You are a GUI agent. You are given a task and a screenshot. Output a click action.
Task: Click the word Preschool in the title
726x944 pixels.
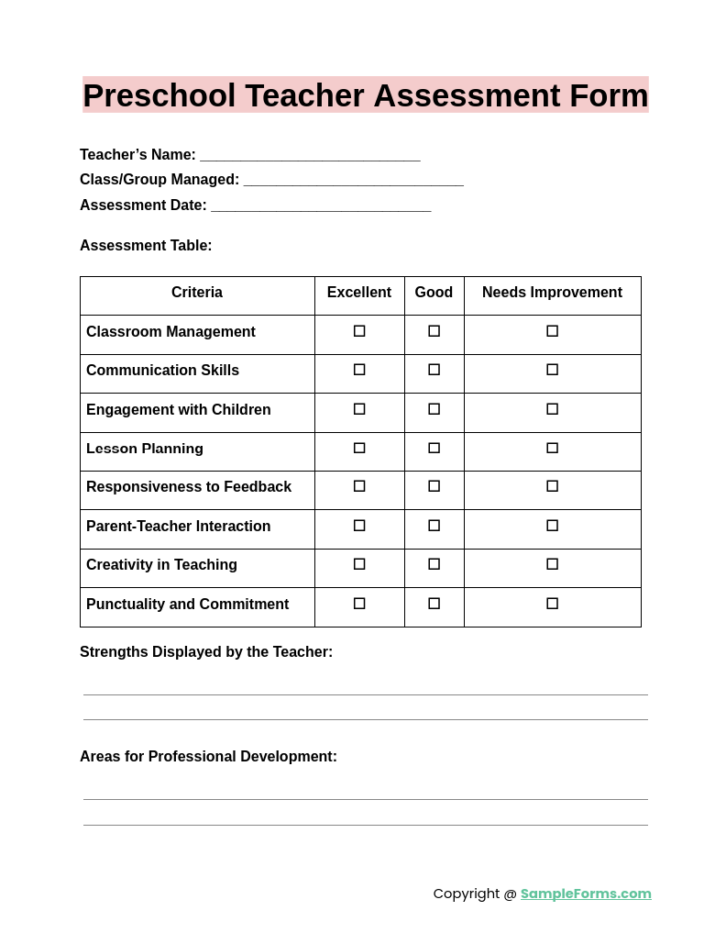coord(159,95)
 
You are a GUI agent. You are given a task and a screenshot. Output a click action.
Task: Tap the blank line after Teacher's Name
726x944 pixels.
coord(310,155)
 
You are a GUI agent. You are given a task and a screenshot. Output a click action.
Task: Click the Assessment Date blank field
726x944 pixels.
coord(321,205)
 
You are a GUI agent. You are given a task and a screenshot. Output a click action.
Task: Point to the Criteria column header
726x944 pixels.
coord(197,293)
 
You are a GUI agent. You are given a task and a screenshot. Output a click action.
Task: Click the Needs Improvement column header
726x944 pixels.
coord(552,293)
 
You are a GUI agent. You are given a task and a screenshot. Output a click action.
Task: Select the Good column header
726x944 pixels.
coord(434,293)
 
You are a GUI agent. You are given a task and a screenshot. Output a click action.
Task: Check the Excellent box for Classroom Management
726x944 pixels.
coord(359,331)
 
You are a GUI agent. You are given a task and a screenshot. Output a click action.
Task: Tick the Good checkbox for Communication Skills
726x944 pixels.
coord(434,370)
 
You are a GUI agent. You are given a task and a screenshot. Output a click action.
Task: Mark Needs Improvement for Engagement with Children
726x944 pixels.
coord(552,409)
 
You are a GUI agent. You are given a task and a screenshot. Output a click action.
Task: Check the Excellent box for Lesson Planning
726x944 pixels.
coord(359,448)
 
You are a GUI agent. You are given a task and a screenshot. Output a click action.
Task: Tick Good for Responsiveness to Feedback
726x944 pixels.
coord(434,486)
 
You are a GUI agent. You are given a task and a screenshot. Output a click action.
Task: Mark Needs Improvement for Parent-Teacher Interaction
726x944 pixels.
coord(552,526)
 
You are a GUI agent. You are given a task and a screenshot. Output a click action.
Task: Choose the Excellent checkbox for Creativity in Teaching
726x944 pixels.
coord(359,564)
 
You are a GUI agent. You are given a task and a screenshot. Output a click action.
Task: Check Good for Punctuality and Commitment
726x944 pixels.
coord(434,604)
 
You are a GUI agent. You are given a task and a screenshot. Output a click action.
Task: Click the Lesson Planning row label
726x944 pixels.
coord(145,449)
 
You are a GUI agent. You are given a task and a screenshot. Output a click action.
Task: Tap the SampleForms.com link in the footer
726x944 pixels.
coord(586,894)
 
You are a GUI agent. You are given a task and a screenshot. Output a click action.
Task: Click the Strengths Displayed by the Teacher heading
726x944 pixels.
coord(206,652)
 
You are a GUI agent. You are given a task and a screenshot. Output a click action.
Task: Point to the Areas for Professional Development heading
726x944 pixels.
coord(208,757)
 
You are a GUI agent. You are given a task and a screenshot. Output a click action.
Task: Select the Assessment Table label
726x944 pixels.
coord(146,246)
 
